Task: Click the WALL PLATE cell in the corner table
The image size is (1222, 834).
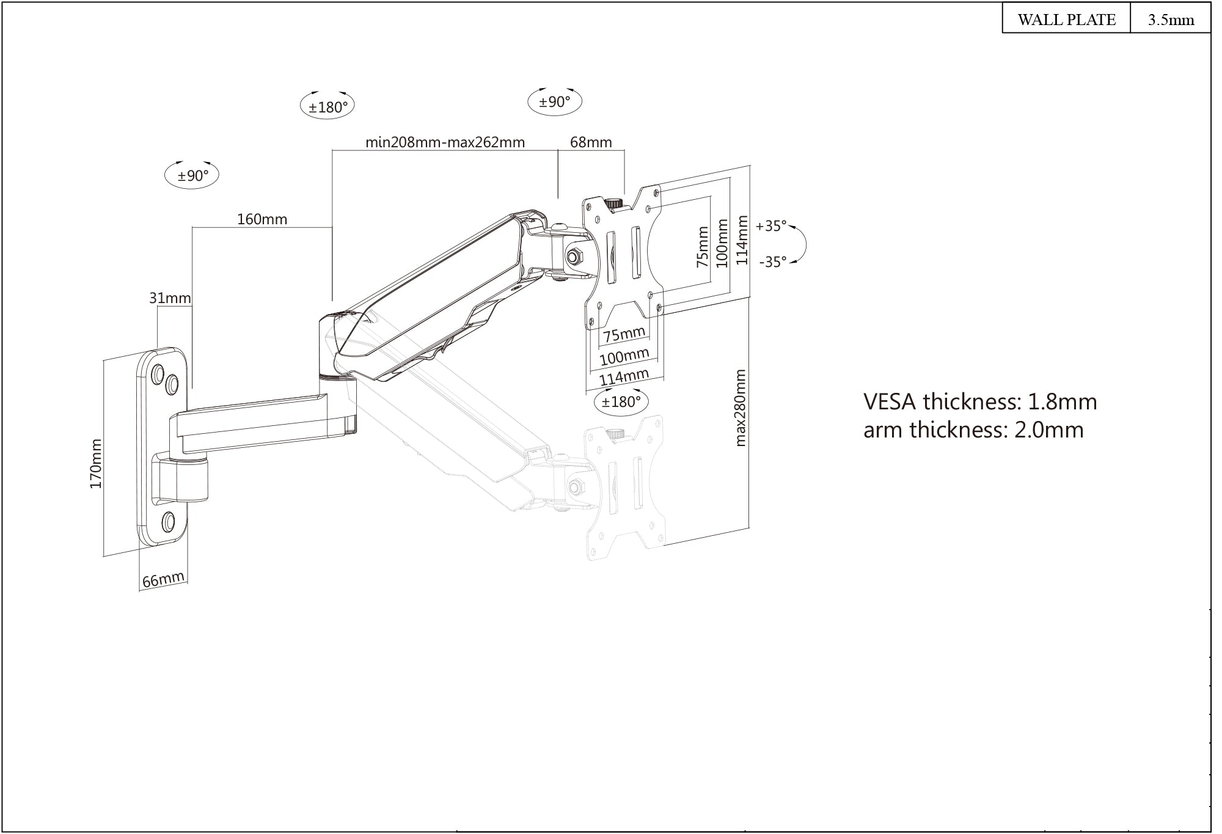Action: pos(1066,20)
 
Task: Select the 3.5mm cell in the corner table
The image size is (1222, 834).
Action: pos(1171,20)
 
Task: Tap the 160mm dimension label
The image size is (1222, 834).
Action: pos(262,219)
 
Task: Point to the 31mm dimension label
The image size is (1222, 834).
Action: pos(170,298)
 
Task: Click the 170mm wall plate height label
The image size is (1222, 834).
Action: pos(96,464)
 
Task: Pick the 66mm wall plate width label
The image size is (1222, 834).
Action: pos(163,579)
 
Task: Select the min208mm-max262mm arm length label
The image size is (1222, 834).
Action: pos(445,142)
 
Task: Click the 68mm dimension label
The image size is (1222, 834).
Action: pos(591,142)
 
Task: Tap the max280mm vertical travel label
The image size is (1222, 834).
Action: pos(741,408)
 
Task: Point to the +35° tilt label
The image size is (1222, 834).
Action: pos(771,226)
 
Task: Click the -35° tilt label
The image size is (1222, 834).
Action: pos(772,262)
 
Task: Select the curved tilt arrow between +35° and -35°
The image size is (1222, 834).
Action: pos(803,244)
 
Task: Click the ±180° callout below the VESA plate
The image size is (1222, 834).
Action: pos(621,401)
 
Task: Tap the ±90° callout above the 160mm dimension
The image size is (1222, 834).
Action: pos(192,176)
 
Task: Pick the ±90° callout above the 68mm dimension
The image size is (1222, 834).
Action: pos(554,101)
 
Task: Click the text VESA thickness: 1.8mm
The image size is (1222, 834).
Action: pos(980,401)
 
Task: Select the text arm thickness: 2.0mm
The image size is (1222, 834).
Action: pos(973,430)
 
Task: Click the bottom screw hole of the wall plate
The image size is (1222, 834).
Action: pos(169,521)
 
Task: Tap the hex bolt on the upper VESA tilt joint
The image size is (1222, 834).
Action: pos(575,257)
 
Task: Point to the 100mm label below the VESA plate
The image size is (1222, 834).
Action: pos(624,356)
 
